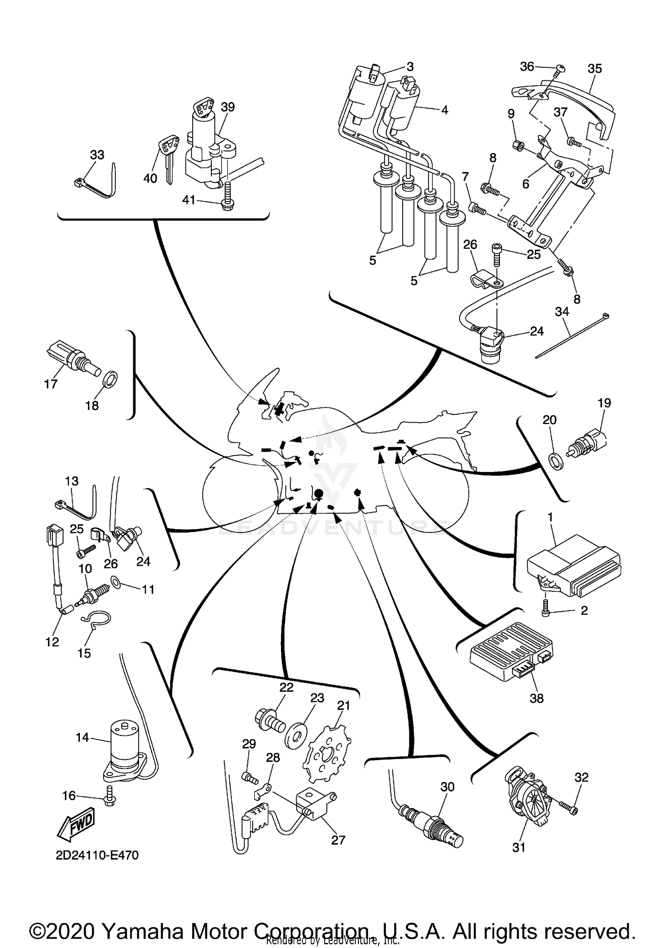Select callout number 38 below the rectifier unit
(536, 698)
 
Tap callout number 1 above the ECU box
(550, 517)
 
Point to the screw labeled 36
(560, 68)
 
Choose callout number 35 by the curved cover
(595, 69)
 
